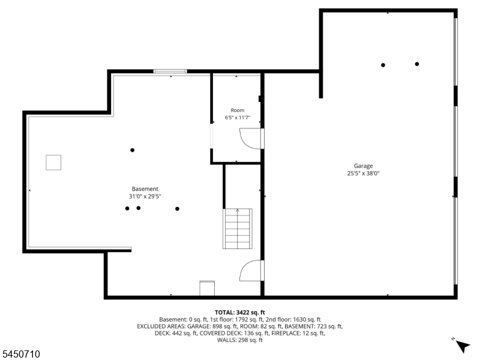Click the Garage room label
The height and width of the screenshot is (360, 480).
pos(364,166)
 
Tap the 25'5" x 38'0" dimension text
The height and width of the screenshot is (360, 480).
pos(364,173)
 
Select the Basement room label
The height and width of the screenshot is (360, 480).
pos(145,189)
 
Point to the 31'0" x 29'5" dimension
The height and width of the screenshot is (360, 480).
pos(145,197)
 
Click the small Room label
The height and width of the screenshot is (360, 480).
pos(238,110)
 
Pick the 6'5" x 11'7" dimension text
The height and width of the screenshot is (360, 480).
pos(238,118)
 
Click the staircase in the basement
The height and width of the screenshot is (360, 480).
pos(238,229)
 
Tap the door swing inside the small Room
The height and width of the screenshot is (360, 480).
pos(250,139)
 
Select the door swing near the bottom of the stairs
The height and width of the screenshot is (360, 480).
pos(250,271)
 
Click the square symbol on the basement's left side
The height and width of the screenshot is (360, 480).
pos(53,163)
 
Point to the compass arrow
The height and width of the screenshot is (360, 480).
pos(463,346)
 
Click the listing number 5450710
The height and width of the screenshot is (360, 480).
pos(20,354)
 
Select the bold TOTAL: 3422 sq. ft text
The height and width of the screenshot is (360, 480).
pos(239,313)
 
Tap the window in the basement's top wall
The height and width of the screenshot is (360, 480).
pos(170,71)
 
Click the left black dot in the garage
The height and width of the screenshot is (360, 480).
pos(383,65)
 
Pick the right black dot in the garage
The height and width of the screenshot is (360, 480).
pos(417,64)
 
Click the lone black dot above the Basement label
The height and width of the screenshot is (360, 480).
pos(132,150)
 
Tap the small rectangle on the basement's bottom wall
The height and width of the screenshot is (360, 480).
pos(207,289)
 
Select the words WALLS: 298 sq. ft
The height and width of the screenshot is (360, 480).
pos(239,340)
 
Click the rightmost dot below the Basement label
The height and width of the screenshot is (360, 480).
pos(177,209)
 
